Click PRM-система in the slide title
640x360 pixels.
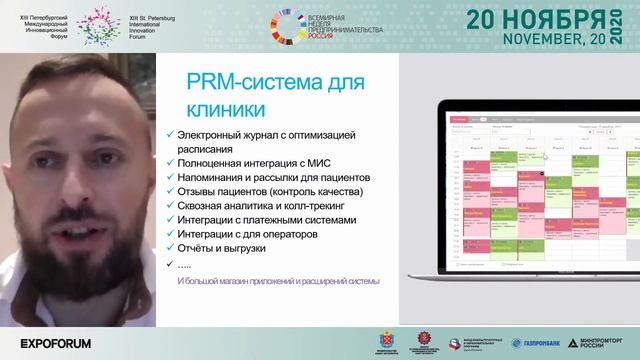239,81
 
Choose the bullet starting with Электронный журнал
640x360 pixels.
265,134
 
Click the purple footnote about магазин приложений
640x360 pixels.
271,281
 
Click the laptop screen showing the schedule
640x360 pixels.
536,195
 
